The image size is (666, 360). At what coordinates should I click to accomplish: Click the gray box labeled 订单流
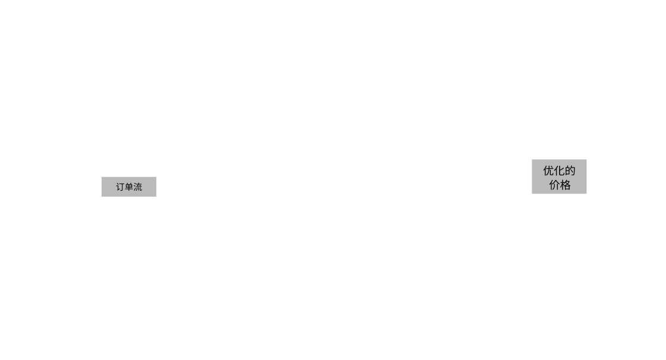coord(129,187)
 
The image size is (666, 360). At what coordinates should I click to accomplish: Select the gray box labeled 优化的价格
coord(559,176)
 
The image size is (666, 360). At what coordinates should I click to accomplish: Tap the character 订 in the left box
coord(120,187)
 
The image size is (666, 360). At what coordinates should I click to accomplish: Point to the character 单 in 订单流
coord(129,187)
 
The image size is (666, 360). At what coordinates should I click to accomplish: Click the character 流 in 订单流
coord(138,187)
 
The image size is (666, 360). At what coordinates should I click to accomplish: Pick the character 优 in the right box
coord(548,170)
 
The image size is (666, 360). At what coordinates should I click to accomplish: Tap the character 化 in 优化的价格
coord(560,170)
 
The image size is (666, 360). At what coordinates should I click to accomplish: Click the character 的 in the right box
coord(570,170)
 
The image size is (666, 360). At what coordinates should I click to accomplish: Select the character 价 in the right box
coord(554,185)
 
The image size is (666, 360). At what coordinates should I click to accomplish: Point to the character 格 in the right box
coord(566,185)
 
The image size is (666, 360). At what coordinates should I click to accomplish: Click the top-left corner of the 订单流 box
coord(102,177)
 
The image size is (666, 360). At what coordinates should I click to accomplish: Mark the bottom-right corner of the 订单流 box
coord(156,197)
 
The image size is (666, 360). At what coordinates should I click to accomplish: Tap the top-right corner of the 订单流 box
coord(156,177)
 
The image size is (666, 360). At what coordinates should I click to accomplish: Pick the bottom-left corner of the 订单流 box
coord(102,197)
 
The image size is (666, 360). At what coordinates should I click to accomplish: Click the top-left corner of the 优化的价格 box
coord(532,160)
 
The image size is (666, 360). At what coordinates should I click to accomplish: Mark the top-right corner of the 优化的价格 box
coord(586,160)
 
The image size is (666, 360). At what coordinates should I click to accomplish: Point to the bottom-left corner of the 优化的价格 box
coord(532,194)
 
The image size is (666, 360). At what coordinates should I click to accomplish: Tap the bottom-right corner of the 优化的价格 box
coord(586,194)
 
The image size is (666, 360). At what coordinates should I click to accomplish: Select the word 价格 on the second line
coord(560,185)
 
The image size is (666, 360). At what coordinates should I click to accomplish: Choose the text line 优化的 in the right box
coord(560,170)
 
